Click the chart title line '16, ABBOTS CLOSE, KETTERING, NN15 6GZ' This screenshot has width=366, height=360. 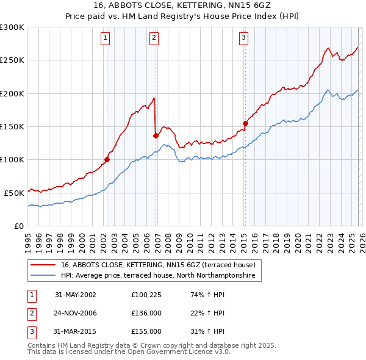coord(183,5)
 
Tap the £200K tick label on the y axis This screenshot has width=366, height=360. coord(12,93)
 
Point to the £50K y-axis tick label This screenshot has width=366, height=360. coord(14,193)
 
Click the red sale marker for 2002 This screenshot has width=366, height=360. coord(107,160)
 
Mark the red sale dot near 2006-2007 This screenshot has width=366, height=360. coord(156,135)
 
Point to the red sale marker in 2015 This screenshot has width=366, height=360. coord(245,123)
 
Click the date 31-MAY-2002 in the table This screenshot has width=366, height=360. coord(76,295)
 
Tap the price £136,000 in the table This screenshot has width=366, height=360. coord(146,313)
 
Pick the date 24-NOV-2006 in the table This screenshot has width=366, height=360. coord(76,313)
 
